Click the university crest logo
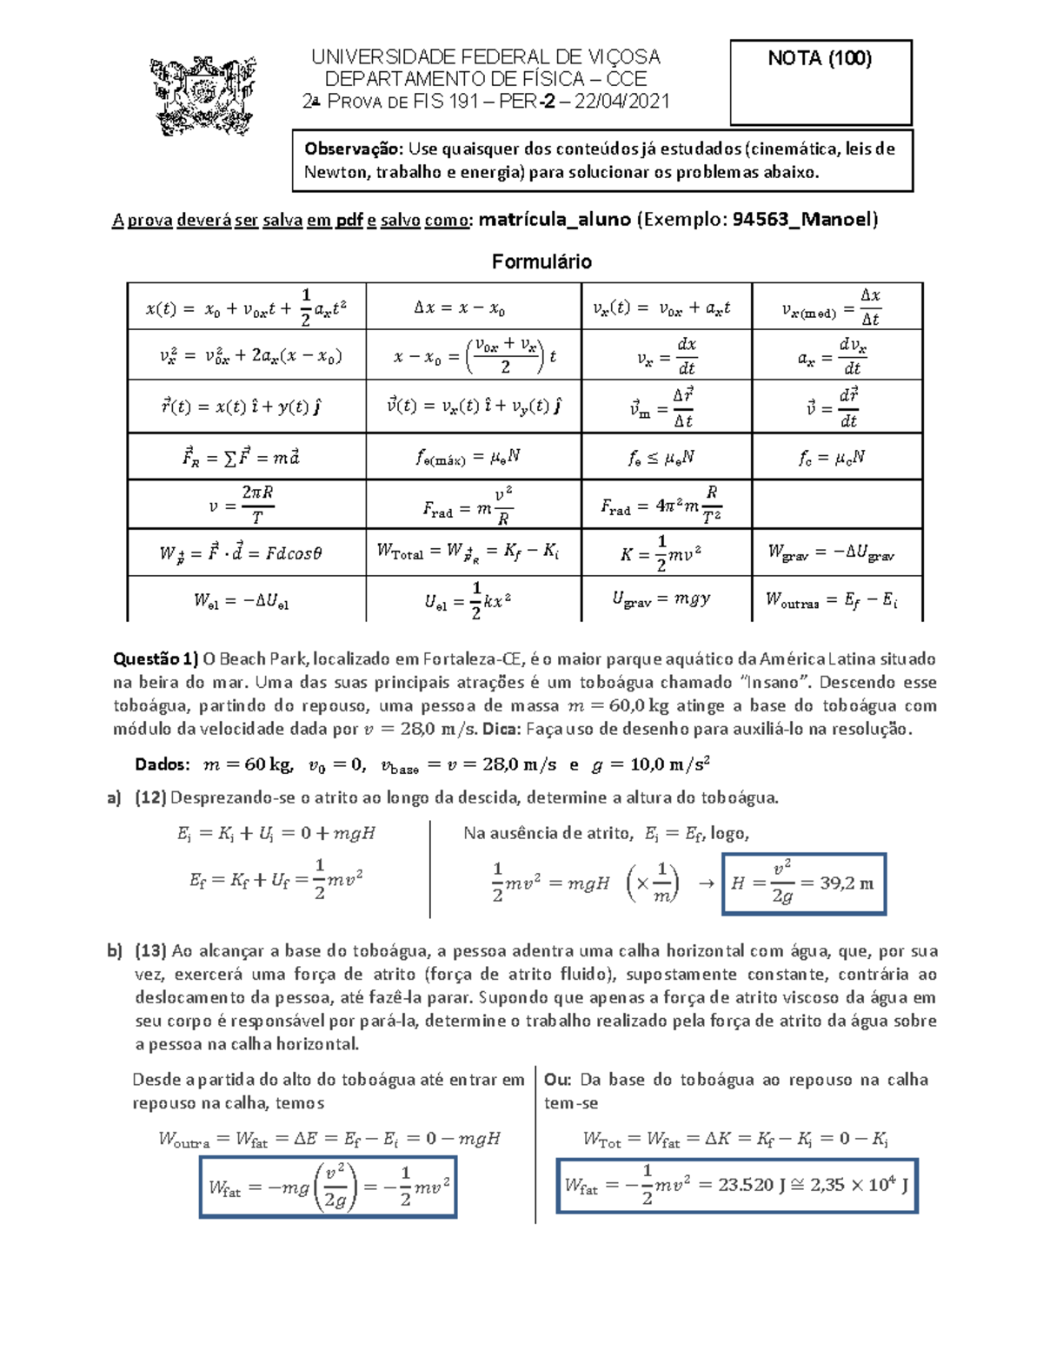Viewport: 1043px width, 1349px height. coord(203,95)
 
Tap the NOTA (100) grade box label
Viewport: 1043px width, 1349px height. coord(820,59)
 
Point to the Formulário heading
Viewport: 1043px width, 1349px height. coord(541,261)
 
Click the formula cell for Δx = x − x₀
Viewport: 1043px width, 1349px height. coord(472,307)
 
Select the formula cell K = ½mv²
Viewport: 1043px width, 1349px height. coord(665,553)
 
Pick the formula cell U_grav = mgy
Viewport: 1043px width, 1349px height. coord(665,599)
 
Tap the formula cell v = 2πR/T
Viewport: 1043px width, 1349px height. coord(246,505)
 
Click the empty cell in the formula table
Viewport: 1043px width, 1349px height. coord(836,504)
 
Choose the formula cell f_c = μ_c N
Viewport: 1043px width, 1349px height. coord(836,457)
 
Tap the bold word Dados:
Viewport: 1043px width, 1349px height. coord(163,764)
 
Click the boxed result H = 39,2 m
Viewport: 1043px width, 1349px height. coord(803,883)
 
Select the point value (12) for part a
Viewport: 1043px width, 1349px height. coord(150,797)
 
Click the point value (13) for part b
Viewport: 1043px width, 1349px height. coord(150,951)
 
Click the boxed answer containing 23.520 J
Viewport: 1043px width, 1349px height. coord(737,1185)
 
